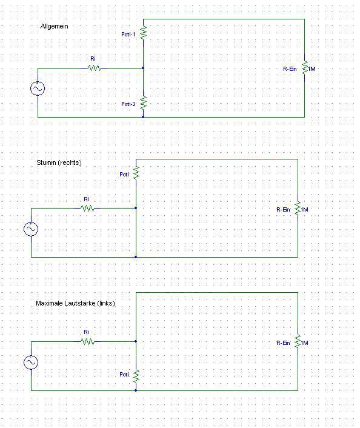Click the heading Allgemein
[54, 26]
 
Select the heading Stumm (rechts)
[59, 162]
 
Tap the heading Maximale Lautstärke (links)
[75, 303]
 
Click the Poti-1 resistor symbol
[143, 33]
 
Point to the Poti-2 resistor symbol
[143, 103]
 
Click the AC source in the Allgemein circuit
[38, 89]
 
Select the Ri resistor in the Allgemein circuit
[95, 68]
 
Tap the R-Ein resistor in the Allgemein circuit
[305, 68]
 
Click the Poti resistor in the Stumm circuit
[136, 173]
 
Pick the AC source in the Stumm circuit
[31, 229]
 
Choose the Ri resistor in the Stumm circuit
[88, 209]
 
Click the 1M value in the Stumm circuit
[305, 210]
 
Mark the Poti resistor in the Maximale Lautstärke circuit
[136, 376]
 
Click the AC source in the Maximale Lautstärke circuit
[31, 363]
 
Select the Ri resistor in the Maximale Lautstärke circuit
[88, 341]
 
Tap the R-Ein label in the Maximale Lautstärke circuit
[283, 343]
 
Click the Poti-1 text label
[128, 35]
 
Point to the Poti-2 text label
[128, 104]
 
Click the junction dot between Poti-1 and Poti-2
[143, 68]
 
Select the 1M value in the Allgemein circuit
[312, 69]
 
